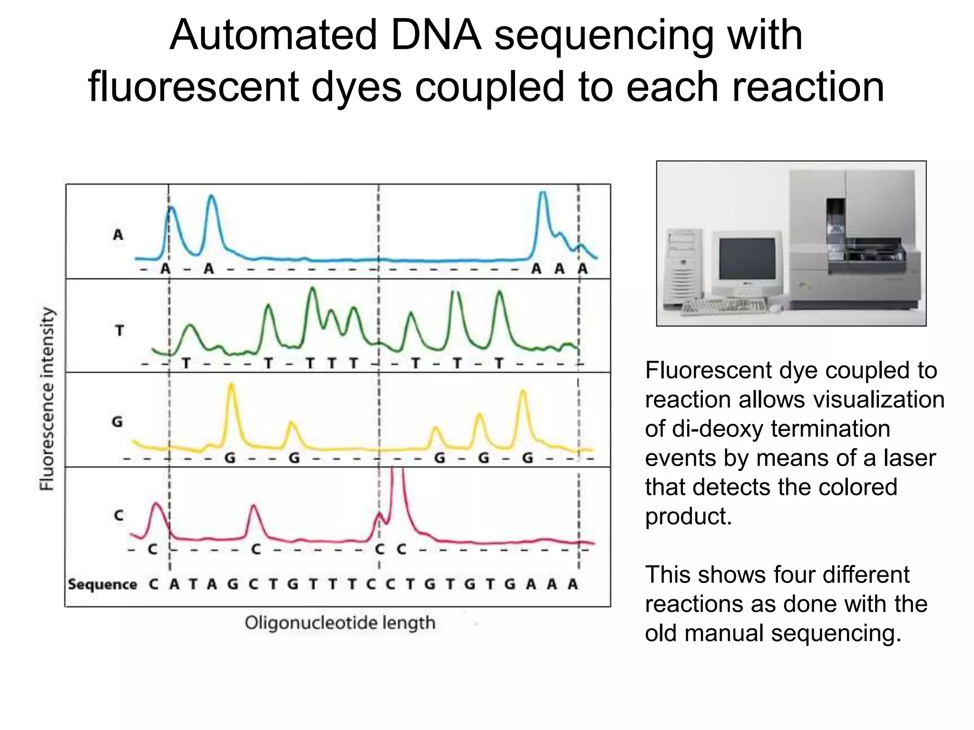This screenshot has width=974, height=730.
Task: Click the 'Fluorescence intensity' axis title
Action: (47, 398)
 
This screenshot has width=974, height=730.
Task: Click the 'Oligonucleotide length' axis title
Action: (340, 623)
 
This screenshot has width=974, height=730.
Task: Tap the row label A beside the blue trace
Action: (118, 234)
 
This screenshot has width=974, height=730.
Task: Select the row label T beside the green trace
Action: (120, 330)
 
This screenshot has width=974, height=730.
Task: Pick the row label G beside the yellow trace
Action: (117, 422)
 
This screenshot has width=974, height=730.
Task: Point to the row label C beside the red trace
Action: (119, 515)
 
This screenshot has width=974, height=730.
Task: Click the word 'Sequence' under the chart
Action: (102, 584)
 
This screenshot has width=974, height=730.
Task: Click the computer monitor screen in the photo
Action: (747, 259)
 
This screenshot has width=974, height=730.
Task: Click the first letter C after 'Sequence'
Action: (153, 584)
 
